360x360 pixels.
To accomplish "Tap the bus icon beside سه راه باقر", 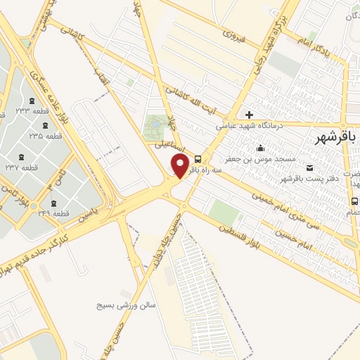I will click(x=198, y=158).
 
